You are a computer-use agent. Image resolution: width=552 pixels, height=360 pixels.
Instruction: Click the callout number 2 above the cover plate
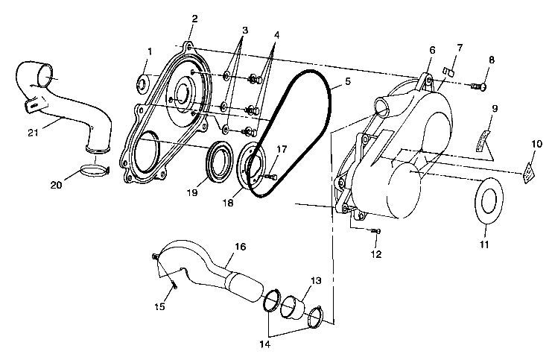(194, 18)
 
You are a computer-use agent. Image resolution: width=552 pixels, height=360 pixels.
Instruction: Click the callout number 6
(431, 50)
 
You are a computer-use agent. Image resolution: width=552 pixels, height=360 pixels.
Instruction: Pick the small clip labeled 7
(448, 72)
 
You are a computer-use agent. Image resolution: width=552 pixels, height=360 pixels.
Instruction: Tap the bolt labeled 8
(478, 88)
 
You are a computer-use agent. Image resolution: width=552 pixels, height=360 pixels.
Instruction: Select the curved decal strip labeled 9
(485, 139)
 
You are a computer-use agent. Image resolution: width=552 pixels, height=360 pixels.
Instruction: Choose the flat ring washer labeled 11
(489, 201)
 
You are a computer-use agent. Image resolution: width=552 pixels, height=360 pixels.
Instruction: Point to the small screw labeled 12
(376, 233)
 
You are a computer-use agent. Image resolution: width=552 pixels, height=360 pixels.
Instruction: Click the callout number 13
(316, 281)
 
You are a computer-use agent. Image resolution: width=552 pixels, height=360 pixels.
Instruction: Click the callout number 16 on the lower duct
(239, 247)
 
